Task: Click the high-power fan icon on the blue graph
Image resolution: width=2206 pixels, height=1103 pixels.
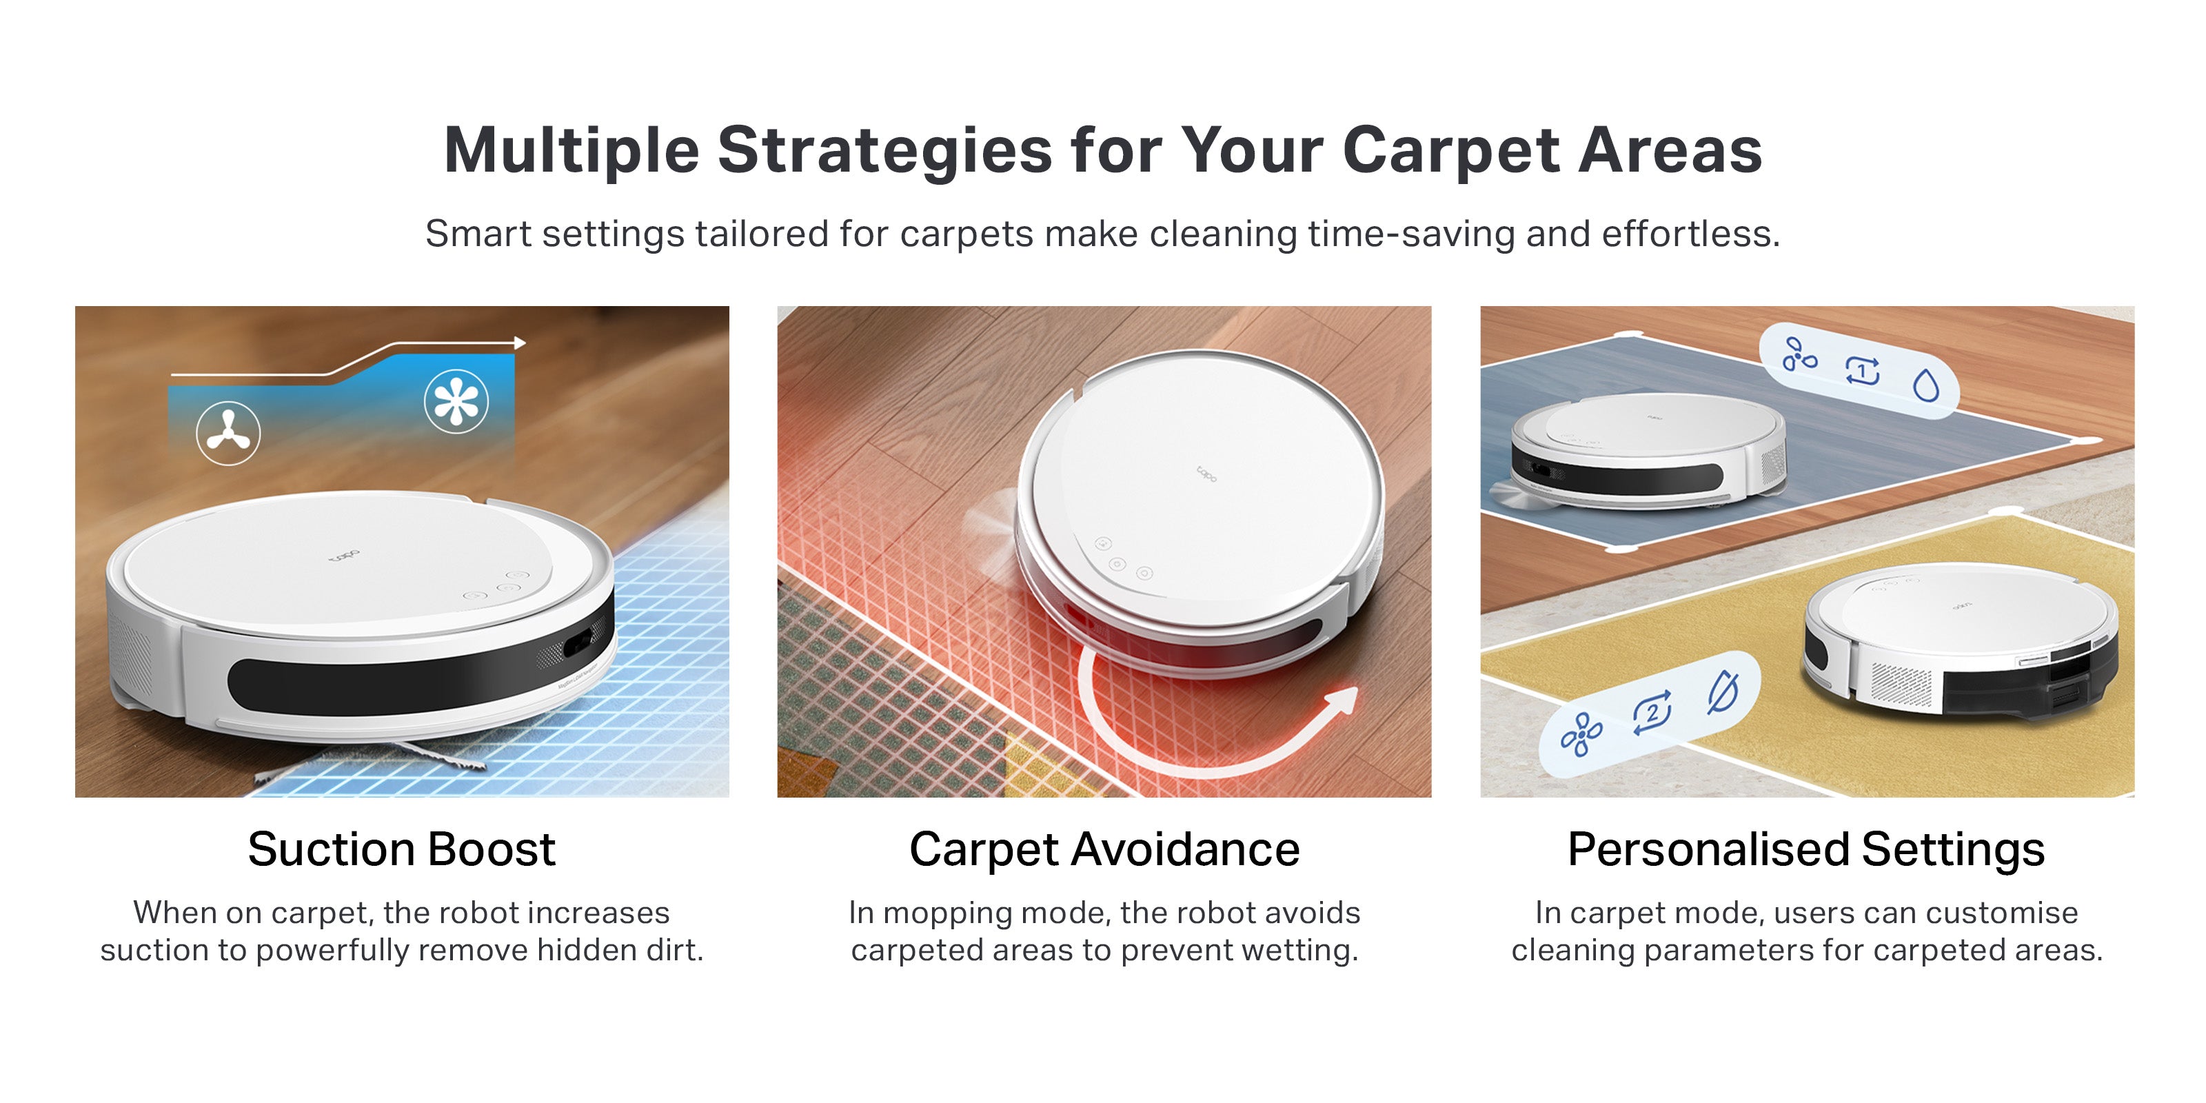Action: (x=456, y=401)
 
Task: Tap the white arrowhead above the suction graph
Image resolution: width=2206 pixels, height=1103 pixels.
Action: (x=520, y=343)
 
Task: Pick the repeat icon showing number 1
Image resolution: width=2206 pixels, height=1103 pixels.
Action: (x=1863, y=371)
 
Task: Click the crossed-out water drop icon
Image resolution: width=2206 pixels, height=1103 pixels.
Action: (x=1723, y=692)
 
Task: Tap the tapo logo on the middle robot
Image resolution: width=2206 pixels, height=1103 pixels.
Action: (x=1206, y=473)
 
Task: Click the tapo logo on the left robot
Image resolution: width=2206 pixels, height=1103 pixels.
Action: (x=345, y=556)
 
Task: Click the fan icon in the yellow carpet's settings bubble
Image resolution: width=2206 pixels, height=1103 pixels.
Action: (x=1581, y=735)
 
